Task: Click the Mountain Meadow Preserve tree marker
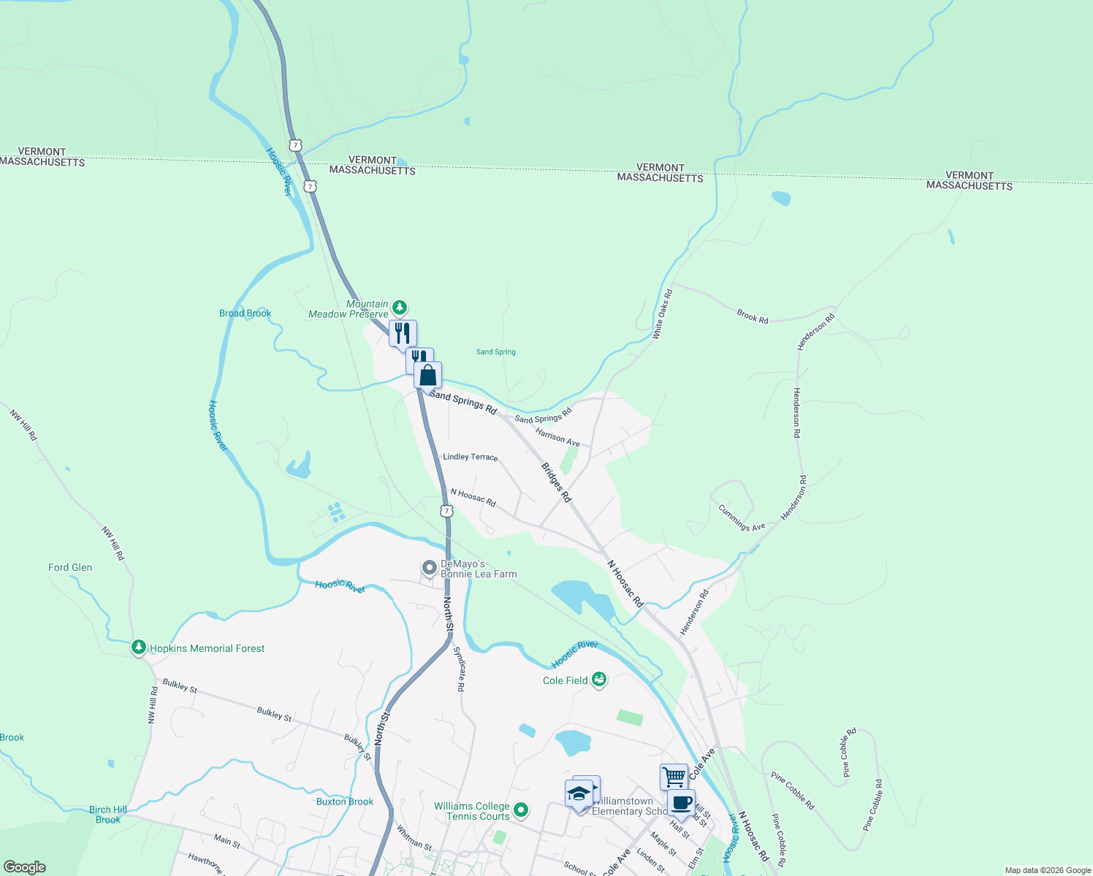(399, 307)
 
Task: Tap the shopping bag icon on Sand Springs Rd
(428, 375)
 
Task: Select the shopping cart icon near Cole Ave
(674, 776)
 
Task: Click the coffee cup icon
(681, 802)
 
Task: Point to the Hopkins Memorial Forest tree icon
(139, 648)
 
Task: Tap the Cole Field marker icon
(599, 680)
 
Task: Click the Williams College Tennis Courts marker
(521, 810)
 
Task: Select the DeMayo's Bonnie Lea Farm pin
(430, 567)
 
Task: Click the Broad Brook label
(245, 313)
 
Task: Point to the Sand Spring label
(496, 352)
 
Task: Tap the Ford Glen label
(70, 567)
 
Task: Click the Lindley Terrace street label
(471, 457)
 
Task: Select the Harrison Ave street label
(557, 437)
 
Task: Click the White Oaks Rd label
(663, 314)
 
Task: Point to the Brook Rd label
(753, 316)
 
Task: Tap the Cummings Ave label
(742, 518)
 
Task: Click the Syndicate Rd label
(460, 669)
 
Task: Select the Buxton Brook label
(345, 802)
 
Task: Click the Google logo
(24, 867)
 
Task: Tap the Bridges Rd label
(557, 482)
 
